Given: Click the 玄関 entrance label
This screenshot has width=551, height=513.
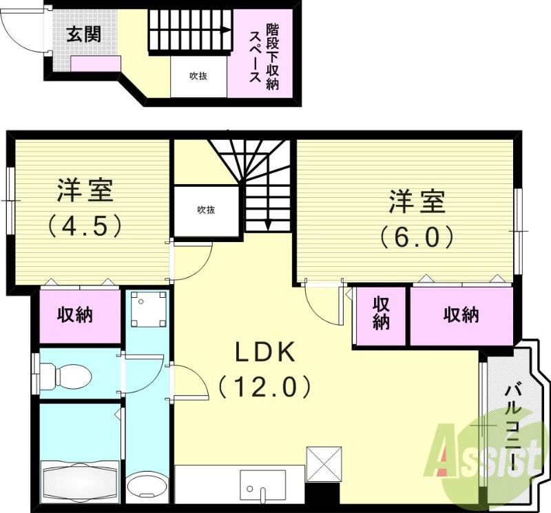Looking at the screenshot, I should (x=84, y=34).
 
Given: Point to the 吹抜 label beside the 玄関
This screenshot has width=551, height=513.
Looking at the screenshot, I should (x=198, y=77).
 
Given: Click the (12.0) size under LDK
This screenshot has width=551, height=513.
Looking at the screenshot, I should (x=266, y=386).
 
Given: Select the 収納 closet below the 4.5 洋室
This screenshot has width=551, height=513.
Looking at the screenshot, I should (x=75, y=315).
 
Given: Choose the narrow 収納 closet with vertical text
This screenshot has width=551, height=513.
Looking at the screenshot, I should (x=381, y=314).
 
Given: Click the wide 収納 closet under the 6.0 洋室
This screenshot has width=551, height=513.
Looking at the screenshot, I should (x=461, y=315).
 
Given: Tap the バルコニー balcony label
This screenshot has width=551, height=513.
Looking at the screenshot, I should (x=513, y=428).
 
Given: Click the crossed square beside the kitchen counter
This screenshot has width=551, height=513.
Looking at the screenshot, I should (x=324, y=463).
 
